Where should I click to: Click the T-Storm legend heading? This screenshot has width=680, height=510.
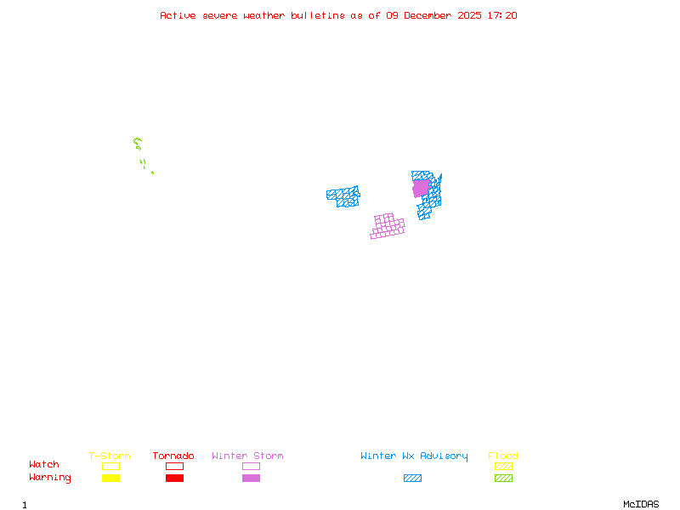110,456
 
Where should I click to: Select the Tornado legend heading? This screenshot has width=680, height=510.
173,456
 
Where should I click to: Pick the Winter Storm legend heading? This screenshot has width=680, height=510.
247,456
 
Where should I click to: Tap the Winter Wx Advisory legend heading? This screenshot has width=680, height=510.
414,456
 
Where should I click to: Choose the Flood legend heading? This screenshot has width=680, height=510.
503,456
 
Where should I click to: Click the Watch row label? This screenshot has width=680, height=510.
44,465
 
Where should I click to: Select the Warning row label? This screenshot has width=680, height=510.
50,478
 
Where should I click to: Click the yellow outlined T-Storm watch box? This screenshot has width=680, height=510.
110,466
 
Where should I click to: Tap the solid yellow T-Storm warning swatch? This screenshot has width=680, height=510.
110,479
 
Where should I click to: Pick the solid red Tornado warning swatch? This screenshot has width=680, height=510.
174,479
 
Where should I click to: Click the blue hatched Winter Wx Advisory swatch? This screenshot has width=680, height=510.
412,479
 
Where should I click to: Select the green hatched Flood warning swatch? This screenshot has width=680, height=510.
503,479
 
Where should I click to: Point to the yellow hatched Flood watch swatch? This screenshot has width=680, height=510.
503,466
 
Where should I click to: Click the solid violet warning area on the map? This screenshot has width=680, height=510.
421,188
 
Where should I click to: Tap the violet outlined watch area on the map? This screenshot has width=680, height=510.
387,227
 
